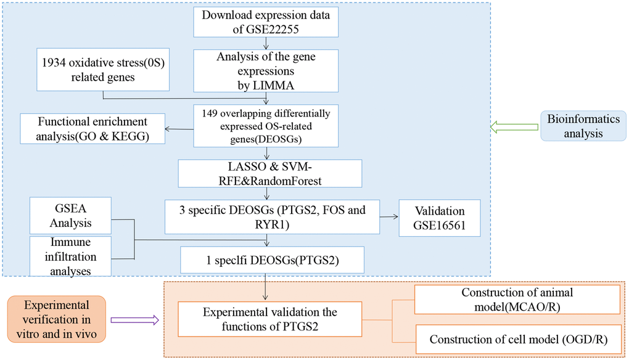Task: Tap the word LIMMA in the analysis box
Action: pyautogui.click(x=266, y=85)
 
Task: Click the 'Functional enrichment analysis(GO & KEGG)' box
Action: pyautogui.click(x=92, y=128)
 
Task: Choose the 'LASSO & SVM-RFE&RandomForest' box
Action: pyautogui.click(x=265, y=173)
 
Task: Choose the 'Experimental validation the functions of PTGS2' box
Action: pyautogui.click(x=269, y=319)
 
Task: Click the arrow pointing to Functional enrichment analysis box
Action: pyautogui.click(x=179, y=129)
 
